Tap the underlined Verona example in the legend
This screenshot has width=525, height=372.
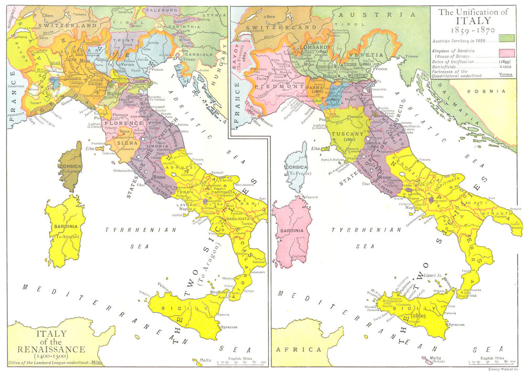tap(507, 74)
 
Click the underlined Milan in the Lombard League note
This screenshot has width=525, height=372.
tap(97, 362)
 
